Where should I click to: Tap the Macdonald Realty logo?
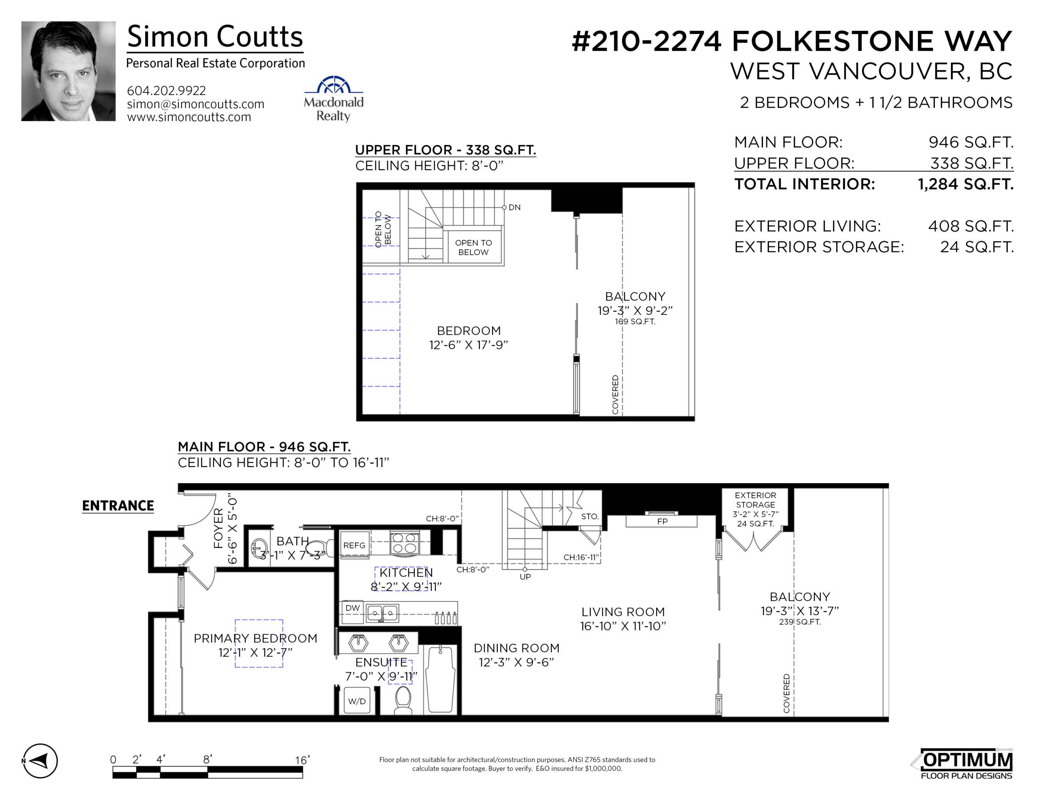334,99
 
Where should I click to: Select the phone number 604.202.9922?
166,90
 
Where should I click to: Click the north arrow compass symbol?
40,760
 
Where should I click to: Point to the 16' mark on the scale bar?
302,760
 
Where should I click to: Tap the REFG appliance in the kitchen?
354,545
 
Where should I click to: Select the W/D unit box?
357,701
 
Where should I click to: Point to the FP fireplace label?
662,521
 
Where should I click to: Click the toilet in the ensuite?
403,700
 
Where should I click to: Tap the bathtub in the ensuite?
441,679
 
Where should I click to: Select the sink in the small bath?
259,549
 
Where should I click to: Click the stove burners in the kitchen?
404,543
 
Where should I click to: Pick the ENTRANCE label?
118,505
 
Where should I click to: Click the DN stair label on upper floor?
515,207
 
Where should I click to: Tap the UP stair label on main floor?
525,576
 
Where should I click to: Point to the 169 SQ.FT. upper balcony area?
635,322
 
